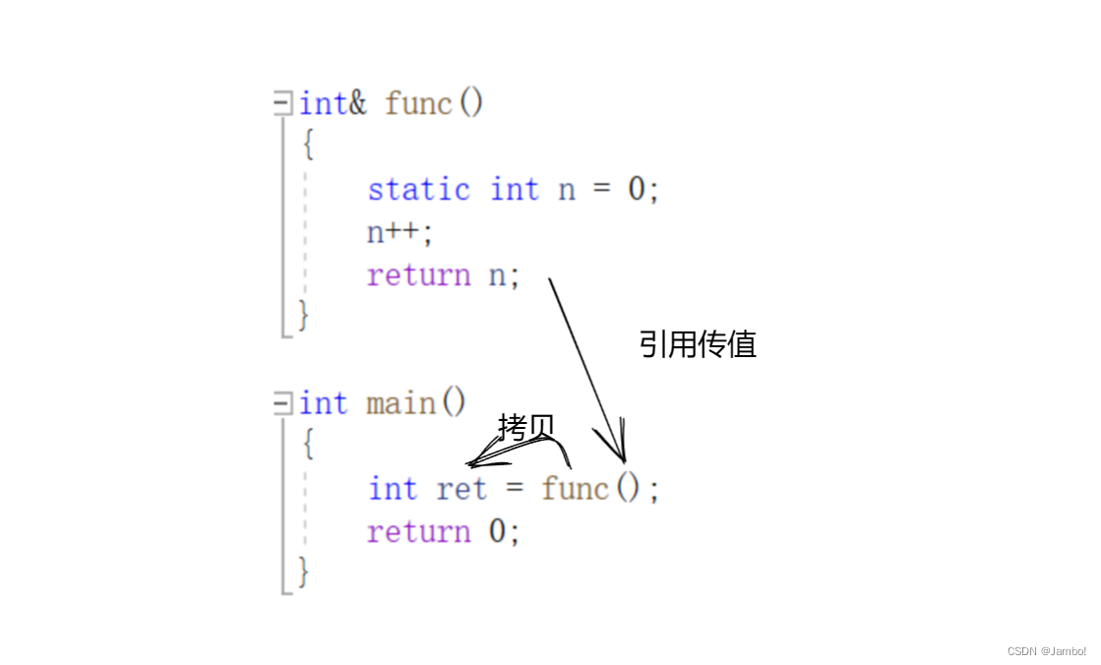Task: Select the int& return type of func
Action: [333, 103]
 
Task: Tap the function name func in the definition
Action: [418, 103]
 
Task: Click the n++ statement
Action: [399, 232]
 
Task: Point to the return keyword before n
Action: [418, 275]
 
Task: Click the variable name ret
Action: [461, 488]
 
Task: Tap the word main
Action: [400, 403]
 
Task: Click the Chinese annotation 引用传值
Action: [698, 344]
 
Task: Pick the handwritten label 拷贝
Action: [526, 426]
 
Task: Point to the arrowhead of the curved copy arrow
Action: [473, 462]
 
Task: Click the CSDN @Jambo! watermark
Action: [1047, 651]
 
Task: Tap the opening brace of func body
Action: [308, 146]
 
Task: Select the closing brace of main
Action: [304, 572]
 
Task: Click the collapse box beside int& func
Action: [283, 102]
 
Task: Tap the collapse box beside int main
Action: [283, 402]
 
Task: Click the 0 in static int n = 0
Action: [639, 189]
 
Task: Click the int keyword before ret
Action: [393, 488]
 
